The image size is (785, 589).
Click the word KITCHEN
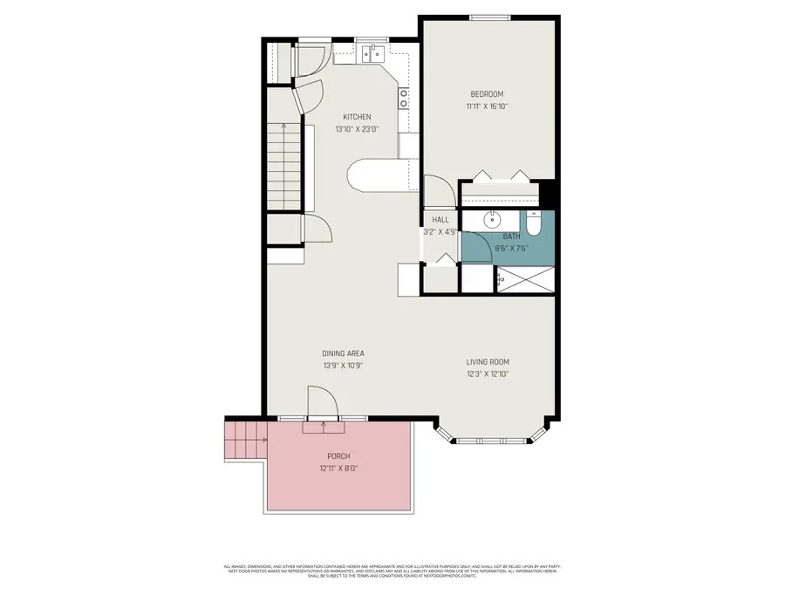click(356, 117)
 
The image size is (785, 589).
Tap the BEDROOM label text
click(487, 94)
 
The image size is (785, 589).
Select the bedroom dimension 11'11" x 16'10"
click(487, 106)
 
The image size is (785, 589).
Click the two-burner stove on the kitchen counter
click(404, 99)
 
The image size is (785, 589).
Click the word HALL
click(440, 220)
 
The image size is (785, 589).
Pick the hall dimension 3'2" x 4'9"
click(440, 232)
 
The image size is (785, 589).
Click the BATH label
click(511, 236)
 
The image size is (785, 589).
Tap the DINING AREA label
click(343, 353)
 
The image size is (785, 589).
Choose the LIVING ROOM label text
click(487, 362)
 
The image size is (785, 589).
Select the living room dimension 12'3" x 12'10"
click(487, 374)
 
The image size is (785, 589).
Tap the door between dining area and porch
click(324, 406)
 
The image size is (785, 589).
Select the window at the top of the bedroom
click(488, 17)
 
